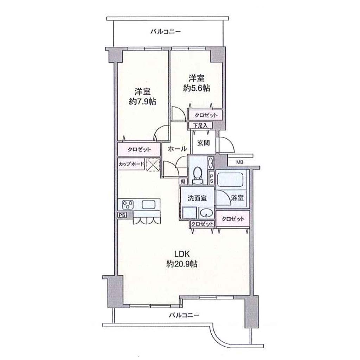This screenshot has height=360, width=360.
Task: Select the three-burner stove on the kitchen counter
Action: pos(128,205)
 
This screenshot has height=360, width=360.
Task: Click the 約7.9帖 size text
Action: pos(143,101)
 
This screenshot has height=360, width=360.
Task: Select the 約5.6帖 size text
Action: pos(197,88)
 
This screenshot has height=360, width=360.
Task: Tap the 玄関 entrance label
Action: pos(204,143)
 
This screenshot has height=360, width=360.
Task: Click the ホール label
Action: pos(177,149)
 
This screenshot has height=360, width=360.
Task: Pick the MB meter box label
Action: pos(240,162)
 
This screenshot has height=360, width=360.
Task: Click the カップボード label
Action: pos(131,164)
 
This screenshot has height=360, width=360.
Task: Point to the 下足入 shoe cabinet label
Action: pos(200,126)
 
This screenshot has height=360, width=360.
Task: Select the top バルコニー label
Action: pos(166,31)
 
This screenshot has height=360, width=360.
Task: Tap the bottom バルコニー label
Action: pos(184,315)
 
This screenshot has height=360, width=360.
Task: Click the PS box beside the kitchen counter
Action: pos(122,215)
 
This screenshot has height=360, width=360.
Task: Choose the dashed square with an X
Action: pos(153,165)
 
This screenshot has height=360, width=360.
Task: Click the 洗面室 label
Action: pos(197,198)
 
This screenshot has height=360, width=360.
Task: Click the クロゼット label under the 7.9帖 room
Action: pos(139,149)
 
